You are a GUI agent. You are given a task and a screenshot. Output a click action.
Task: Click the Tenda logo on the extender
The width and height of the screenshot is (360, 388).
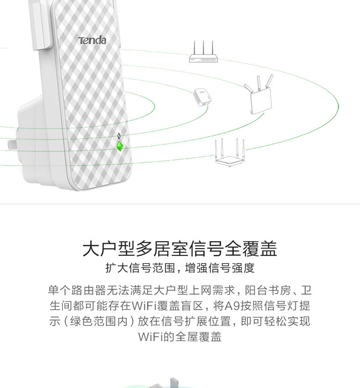[92, 41]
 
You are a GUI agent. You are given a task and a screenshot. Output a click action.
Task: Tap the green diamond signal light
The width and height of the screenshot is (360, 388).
[119, 146]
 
